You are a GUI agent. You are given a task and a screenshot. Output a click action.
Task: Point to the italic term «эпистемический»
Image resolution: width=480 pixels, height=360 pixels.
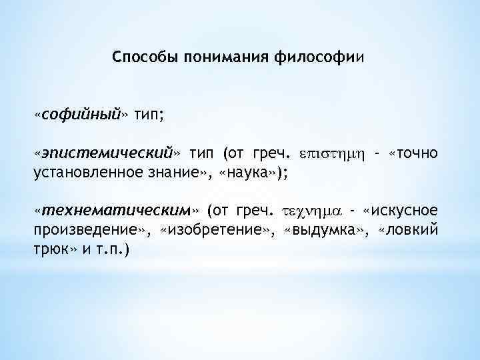tap(110, 154)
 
